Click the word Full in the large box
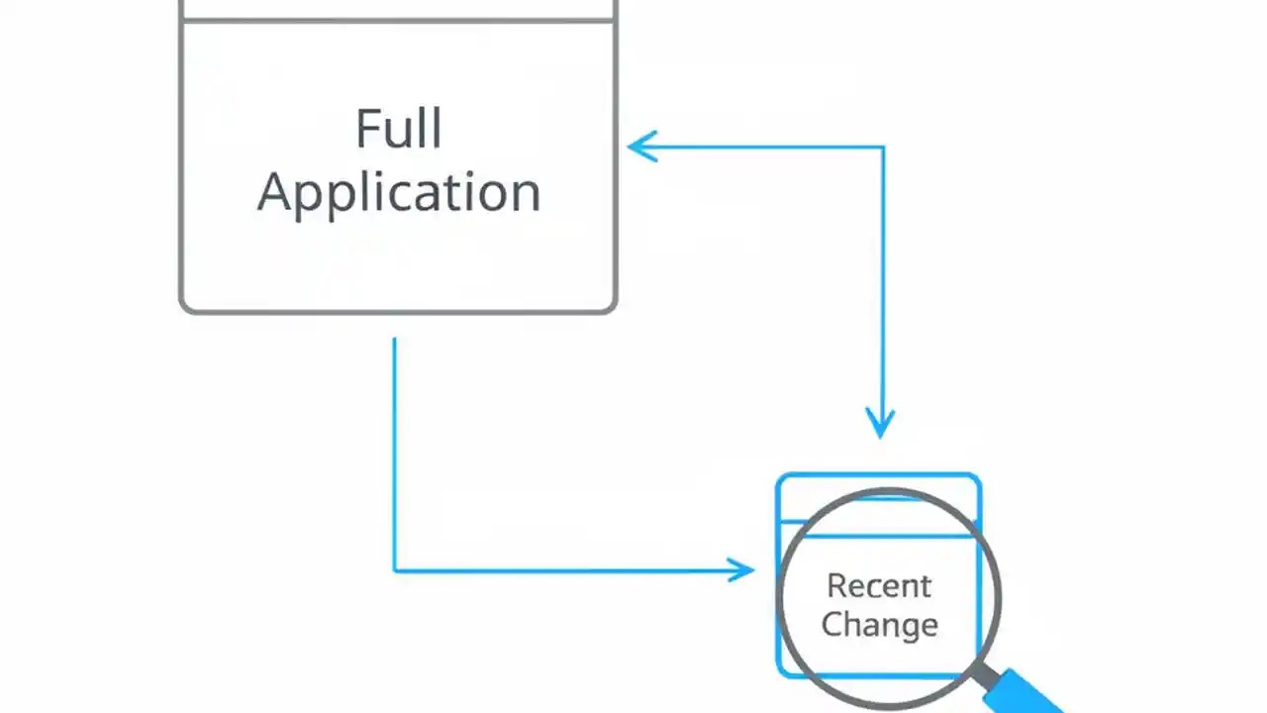pyautogui.click(x=398, y=130)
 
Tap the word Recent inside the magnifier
pyautogui.click(x=879, y=585)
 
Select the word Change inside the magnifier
pyautogui.click(x=879, y=625)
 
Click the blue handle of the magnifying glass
pyautogui.click(x=1029, y=693)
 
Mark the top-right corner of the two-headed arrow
pyautogui.click(x=883, y=148)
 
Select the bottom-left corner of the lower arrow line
pyautogui.click(x=395, y=569)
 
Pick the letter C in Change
pyautogui.click(x=831, y=624)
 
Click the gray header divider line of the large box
pyautogui.click(x=398, y=21)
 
